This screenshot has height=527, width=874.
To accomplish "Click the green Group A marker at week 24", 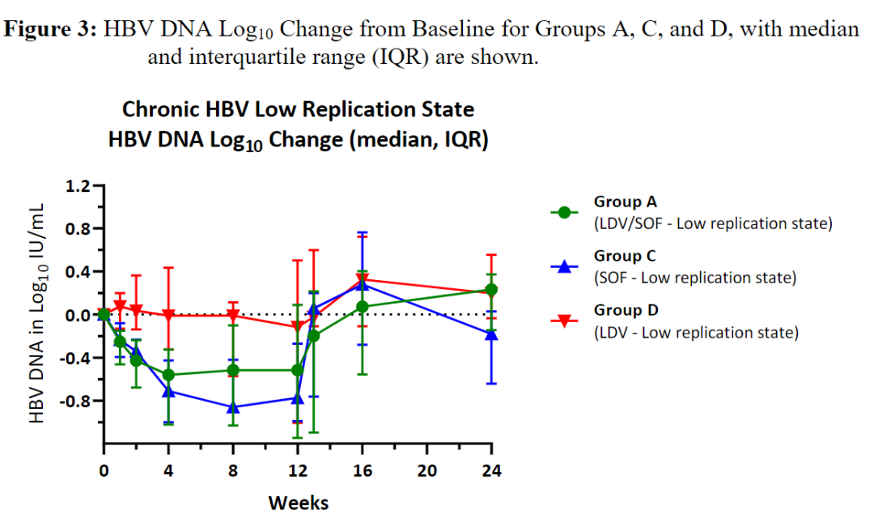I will pyautogui.click(x=491, y=290).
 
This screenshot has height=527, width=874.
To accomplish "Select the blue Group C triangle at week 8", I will pyautogui.click(x=233, y=407).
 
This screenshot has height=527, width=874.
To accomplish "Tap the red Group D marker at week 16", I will pyautogui.click(x=362, y=280).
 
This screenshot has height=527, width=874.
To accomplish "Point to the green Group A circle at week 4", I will pyautogui.click(x=168, y=375).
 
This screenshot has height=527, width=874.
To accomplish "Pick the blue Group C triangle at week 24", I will pyautogui.click(x=491, y=334).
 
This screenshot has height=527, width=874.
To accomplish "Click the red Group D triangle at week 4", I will pyautogui.click(x=168, y=316).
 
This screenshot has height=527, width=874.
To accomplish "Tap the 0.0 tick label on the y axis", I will pyautogui.click(x=77, y=315).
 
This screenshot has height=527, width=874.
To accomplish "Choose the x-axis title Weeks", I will pyautogui.click(x=299, y=503).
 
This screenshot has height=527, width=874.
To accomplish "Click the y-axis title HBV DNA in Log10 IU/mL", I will pyautogui.click(x=37, y=314).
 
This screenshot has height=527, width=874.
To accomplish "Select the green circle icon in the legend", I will pyautogui.click(x=564, y=212).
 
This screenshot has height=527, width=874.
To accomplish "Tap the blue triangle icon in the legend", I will pyautogui.click(x=564, y=266).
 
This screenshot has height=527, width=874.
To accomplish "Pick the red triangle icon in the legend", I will pyautogui.click(x=564, y=321).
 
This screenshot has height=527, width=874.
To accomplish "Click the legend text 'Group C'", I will pyautogui.click(x=625, y=256).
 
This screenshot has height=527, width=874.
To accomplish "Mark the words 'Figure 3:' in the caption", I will pyautogui.click(x=52, y=30).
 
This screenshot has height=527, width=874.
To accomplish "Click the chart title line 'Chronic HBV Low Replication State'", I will pyautogui.click(x=298, y=109).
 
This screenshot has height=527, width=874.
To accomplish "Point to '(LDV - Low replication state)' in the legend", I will pyautogui.click(x=696, y=332).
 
